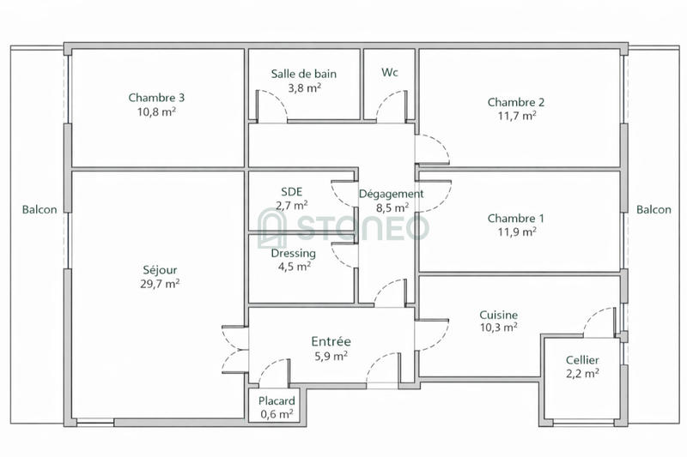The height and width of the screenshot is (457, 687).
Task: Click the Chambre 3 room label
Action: (x=156, y=97)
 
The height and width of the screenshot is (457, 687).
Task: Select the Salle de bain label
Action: (x=303, y=74)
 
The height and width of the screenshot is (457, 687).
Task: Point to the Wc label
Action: (x=389, y=72)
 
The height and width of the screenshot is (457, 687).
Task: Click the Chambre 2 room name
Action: (x=515, y=101)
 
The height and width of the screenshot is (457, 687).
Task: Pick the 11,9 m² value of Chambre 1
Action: (x=515, y=232)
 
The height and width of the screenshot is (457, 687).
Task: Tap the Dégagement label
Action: (x=391, y=194)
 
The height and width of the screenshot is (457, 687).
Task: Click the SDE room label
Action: (x=292, y=191)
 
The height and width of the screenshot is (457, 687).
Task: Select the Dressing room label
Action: (x=293, y=253)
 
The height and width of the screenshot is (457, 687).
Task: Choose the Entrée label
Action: (x=331, y=341)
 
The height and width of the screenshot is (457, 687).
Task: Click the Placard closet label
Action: (x=277, y=400)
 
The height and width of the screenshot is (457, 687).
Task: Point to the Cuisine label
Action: (x=499, y=315)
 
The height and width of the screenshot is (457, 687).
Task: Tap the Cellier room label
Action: (x=582, y=359)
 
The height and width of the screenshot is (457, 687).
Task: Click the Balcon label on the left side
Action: (x=40, y=209)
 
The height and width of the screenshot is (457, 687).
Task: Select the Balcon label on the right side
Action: (x=654, y=209)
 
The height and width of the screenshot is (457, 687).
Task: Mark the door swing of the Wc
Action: (x=386, y=106)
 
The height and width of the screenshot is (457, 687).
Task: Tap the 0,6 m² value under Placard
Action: (x=277, y=414)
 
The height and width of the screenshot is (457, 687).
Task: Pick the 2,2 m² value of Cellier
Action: (x=582, y=373)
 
